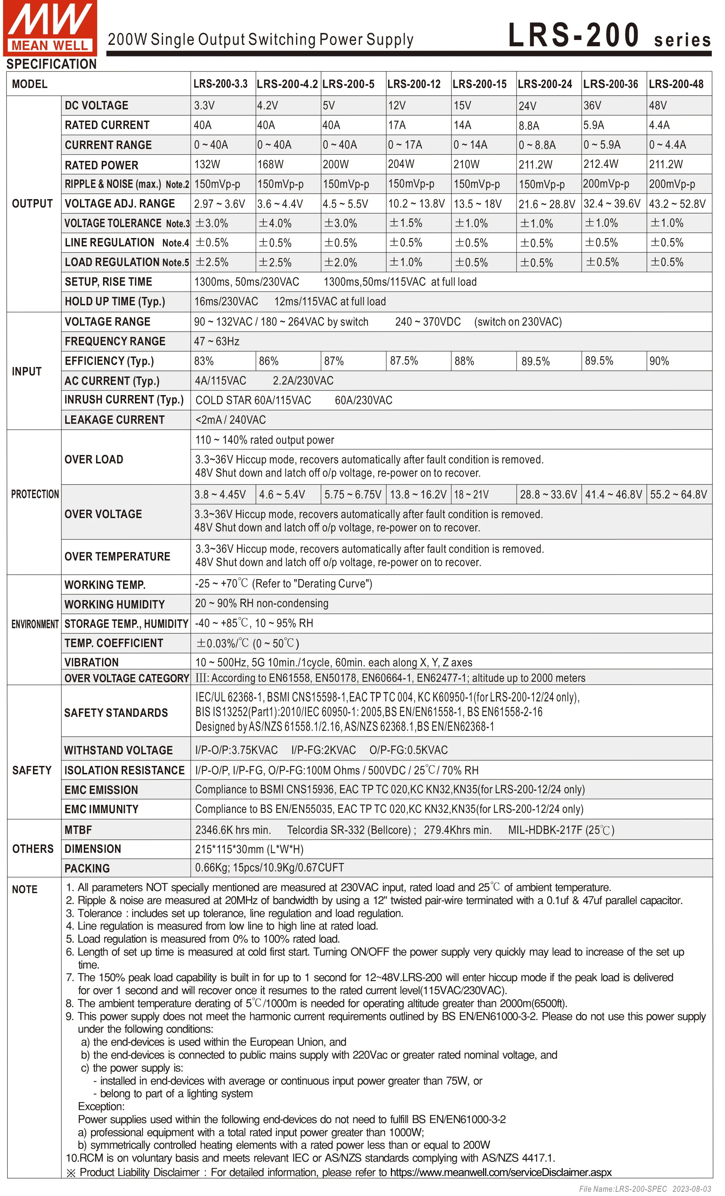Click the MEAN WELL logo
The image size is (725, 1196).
(x=50, y=28)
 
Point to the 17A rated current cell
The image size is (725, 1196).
(x=397, y=125)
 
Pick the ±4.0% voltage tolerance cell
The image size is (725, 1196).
(x=275, y=223)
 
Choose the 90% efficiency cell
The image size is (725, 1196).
(x=659, y=361)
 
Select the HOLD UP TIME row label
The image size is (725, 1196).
(x=115, y=301)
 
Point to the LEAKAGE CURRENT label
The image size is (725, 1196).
(x=115, y=420)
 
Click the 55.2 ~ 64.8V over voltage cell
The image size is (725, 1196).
(x=678, y=495)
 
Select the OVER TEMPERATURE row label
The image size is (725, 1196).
(x=117, y=556)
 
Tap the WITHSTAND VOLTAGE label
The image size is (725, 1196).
(x=118, y=750)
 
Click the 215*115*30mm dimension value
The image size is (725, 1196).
(x=249, y=849)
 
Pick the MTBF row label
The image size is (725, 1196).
(x=78, y=830)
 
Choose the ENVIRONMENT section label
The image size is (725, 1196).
(x=35, y=624)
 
